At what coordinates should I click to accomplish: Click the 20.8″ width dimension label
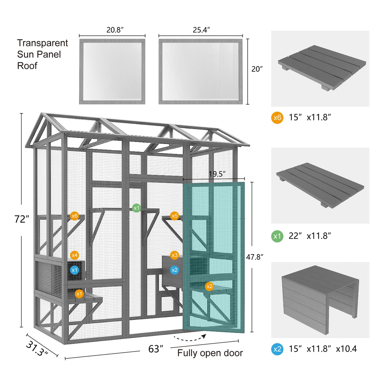pos(115,30)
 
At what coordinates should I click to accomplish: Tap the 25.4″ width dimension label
pos(201,30)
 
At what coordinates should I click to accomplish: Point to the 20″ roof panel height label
pos(257,69)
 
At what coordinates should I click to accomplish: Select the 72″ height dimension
pos(22,219)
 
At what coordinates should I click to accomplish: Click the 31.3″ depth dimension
pos(37,349)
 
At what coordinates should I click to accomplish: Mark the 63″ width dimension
pos(156,349)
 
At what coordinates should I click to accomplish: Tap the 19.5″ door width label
pos(217,174)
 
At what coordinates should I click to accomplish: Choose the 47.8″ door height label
pos(255,257)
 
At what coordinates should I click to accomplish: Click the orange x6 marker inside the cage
pos(74,216)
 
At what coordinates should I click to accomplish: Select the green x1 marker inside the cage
pos(136,208)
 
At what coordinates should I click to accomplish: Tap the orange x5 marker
pos(174,216)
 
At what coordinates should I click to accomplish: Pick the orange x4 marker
pos(74,255)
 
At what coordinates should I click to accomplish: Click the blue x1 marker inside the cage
pos(74,270)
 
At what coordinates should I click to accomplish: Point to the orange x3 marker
pos(174,255)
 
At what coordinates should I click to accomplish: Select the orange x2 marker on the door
pos(209,286)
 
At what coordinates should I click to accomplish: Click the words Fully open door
pos(210,353)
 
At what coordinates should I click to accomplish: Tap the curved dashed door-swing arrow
pos(190,338)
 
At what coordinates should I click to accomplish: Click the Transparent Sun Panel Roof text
pos(42,54)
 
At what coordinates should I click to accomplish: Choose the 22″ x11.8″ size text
pos(309,236)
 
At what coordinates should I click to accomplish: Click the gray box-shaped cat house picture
pos(320,299)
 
